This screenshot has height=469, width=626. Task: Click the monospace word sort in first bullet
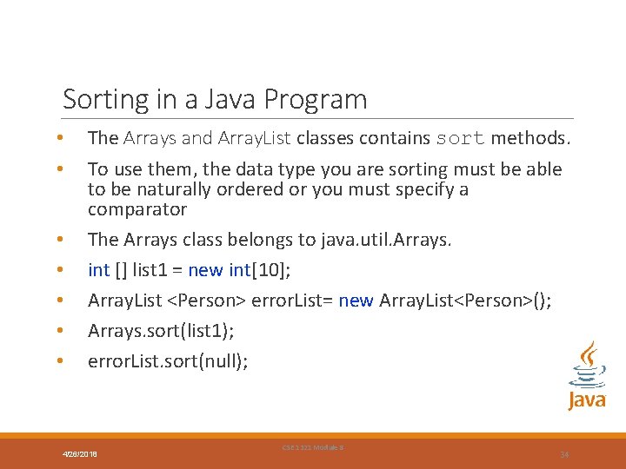[x=460, y=138]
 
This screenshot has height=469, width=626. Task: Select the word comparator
[x=137, y=209]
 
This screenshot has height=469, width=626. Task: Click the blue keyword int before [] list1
[x=98, y=270]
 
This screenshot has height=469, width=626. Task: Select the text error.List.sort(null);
[x=168, y=361]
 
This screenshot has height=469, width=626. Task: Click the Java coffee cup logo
[x=587, y=374]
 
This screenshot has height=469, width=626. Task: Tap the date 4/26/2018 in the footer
[x=80, y=454]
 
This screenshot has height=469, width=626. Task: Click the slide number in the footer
[x=564, y=454]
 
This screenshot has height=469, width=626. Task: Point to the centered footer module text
[x=313, y=447]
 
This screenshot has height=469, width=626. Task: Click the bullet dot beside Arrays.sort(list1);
[x=58, y=331]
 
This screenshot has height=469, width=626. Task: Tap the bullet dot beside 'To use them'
[x=58, y=169]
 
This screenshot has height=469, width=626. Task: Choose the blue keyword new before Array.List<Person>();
[x=356, y=301]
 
